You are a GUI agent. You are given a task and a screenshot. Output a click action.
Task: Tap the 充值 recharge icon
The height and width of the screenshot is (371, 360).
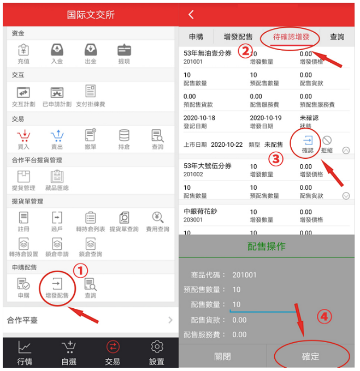point(23,50)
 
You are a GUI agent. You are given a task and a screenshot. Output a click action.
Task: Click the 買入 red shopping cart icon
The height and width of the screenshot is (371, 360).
point(23,135)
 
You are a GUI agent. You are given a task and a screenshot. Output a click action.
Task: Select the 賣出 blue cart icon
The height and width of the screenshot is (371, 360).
point(57,135)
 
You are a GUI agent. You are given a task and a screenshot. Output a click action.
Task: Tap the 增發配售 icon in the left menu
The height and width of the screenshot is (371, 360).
point(57,284)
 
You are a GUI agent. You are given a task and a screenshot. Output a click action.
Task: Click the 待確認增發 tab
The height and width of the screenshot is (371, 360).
point(291,37)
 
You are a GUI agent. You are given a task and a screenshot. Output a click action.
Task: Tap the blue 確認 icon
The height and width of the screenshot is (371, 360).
point(308,140)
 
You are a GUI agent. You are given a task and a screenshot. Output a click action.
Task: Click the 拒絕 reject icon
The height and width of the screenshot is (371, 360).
point(327,140)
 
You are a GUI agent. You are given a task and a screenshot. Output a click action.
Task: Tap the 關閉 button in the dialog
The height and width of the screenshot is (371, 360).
point(222,356)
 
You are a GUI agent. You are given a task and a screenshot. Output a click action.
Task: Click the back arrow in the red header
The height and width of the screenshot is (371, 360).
point(191,14)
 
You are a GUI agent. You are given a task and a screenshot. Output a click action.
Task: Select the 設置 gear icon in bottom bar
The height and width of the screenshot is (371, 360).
point(157,347)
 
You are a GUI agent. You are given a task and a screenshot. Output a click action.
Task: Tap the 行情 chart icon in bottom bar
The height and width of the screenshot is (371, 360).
point(25,348)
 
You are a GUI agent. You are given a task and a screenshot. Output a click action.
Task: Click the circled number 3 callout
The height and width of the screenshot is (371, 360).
point(276,159)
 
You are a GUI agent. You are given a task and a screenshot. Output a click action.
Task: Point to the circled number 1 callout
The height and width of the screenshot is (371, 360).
point(80,271)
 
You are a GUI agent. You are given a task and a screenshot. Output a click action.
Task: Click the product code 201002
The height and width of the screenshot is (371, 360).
point(193,175)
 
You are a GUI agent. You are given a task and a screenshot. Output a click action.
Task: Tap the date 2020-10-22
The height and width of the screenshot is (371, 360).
point(227,145)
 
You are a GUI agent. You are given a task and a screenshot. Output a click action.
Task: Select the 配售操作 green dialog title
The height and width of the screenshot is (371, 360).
point(267,246)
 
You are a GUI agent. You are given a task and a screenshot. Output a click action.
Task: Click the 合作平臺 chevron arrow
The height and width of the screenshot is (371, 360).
point(170,320)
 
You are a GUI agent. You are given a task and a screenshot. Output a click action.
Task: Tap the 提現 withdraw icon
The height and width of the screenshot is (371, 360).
point(124,50)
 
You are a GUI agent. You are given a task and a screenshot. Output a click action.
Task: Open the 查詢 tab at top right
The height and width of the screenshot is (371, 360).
point(337,37)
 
